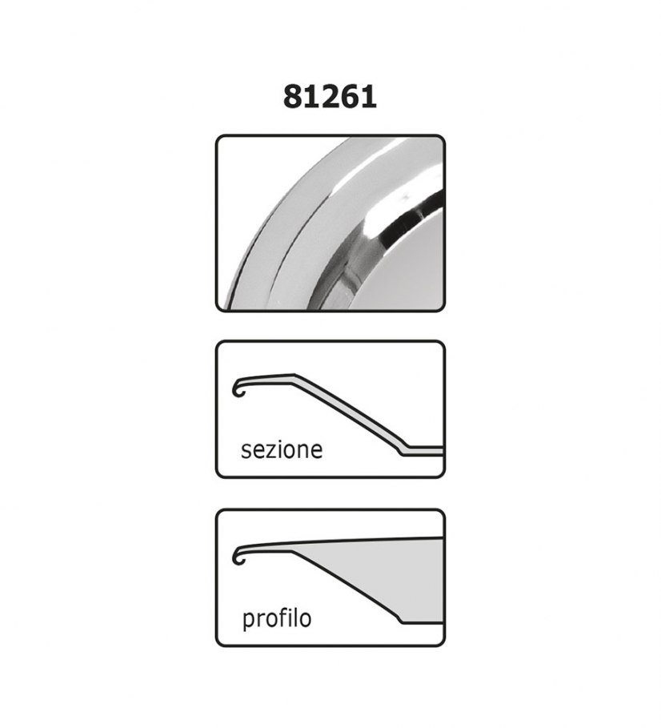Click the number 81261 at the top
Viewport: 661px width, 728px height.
(x=330, y=97)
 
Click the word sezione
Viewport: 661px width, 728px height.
(x=282, y=449)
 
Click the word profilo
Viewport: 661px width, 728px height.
(x=277, y=619)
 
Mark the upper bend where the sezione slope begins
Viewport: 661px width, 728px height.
(x=294, y=376)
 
